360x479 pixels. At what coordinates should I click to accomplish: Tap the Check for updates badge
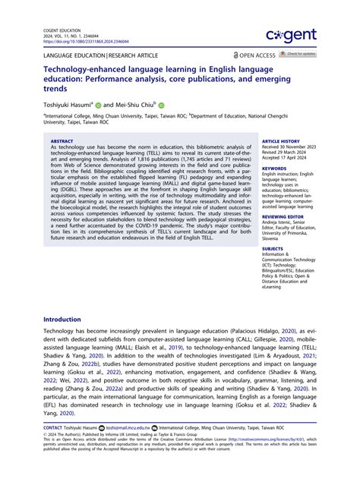pos(298,55)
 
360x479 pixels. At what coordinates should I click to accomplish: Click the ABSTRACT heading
pos(62,141)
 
